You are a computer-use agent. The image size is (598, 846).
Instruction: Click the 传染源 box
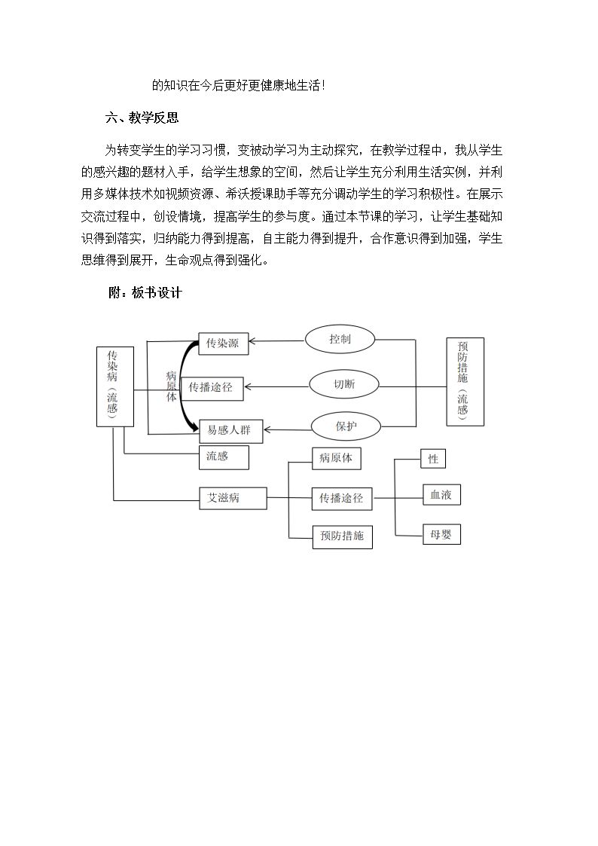pyautogui.click(x=223, y=344)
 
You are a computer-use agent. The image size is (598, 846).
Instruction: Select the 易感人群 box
pyautogui.click(x=230, y=431)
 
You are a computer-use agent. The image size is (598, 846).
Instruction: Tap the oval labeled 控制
pyautogui.click(x=340, y=339)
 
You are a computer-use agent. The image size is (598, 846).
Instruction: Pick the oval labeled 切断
pyautogui.click(x=344, y=385)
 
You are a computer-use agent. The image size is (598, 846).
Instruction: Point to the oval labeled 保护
pyautogui.click(x=346, y=426)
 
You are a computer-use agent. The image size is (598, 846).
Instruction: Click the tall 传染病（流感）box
pyautogui.click(x=114, y=387)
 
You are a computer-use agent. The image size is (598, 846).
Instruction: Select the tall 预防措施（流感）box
pyautogui.click(x=465, y=382)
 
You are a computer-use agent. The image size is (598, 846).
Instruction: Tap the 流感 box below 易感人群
pyautogui.click(x=224, y=457)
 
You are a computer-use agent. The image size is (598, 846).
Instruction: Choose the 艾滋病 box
pyautogui.click(x=233, y=499)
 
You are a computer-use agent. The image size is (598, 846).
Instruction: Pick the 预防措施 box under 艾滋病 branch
pyautogui.click(x=343, y=536)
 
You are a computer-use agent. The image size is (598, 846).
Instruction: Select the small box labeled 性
pyautogui.click(x=433, y=459)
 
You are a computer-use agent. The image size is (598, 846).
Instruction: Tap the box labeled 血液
pyautogui.click(x=441, y=495)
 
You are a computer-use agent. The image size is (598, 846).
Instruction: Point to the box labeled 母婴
pyautogui.click(x=441, y=535)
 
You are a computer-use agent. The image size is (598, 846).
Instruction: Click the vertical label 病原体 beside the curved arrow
pyautogui.click(x=172, y=387)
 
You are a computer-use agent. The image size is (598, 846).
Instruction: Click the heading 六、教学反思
pyautogui.click(x=142, y=118)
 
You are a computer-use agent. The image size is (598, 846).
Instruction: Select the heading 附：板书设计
pyautogui.click(x=145, y=293)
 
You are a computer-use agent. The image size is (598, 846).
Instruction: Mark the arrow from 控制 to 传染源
pyautogui.click(x=277, y=341)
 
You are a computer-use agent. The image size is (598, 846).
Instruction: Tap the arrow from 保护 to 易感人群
pyautogui.click(x=288, y=430)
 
